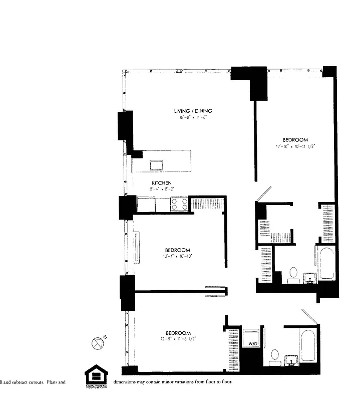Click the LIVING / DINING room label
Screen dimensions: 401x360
[193, 111]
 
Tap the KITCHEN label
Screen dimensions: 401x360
[162, 183]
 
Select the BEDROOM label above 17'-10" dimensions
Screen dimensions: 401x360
[295, 140]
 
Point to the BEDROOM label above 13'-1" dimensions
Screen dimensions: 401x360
[178, 250]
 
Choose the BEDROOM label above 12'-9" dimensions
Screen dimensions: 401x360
[179, 333]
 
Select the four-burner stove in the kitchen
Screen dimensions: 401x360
[179, 204]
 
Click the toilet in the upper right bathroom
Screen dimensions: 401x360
[293, 274]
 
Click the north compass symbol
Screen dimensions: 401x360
[98, 343]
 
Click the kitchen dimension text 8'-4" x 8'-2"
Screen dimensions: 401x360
[162, 189]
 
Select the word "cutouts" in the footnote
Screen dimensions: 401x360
[35, 382]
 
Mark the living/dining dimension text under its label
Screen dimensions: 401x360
[193, 117]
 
